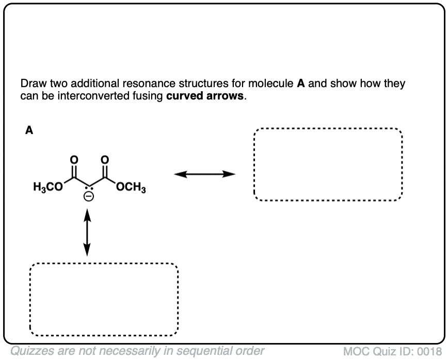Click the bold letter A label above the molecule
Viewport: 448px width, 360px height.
click(x=29, y=130)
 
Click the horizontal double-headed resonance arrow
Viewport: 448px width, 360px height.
click(x=204, y=175)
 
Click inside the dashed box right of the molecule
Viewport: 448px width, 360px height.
click(x=327, y=165)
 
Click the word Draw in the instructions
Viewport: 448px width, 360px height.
click(x=30, y=84)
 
